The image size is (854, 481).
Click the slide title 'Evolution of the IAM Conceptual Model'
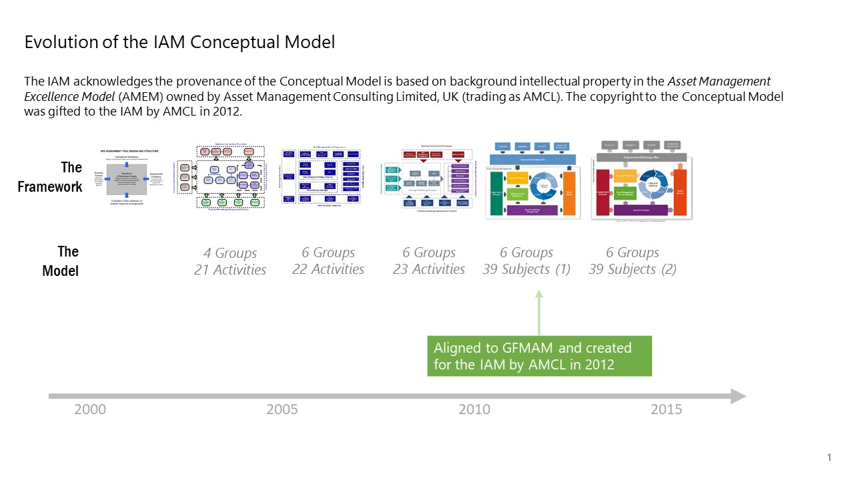coord(179,42)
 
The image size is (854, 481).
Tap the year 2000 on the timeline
coord(90,409)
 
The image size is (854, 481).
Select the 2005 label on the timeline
coord(282,409)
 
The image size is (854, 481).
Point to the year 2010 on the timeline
coord(474,409)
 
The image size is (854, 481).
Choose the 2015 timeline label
coord(667,409)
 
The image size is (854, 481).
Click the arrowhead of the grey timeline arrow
coord(738,396)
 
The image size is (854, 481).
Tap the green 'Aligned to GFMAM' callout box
coord(539,357)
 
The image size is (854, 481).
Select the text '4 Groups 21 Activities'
coord(230,261)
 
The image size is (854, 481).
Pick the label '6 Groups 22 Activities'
coord(328,261)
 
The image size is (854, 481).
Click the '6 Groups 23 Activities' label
coord(429,261)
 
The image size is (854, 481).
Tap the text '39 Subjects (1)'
coord(526,269)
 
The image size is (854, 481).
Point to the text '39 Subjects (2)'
coord(632,269)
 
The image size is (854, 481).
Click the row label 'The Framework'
coord(51,177)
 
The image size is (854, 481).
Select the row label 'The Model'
coord(61,261)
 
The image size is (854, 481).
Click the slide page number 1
coord(829,458)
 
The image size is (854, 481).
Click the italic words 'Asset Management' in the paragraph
coord(719,82)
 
